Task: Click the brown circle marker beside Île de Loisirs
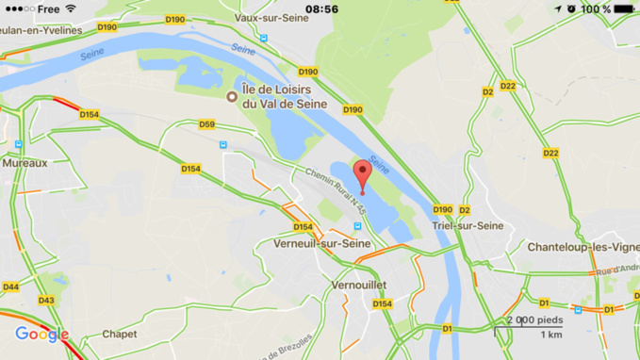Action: click(x=232, y=96)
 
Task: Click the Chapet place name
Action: click(x=119, y=334)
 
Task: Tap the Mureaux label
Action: click(x=25, y=163)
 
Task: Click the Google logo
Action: click(x=41, y=334)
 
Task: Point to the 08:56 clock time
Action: click(x=321, y=8)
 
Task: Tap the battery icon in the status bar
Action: click(x=625, y=8)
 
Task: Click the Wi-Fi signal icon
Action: click(x=71, y=8)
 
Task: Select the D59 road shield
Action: click(x=207, y=123)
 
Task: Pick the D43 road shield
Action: click(x=46, y=301)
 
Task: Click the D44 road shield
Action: click(x=10, y=286)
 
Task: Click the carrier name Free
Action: click(x=48, y=8)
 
